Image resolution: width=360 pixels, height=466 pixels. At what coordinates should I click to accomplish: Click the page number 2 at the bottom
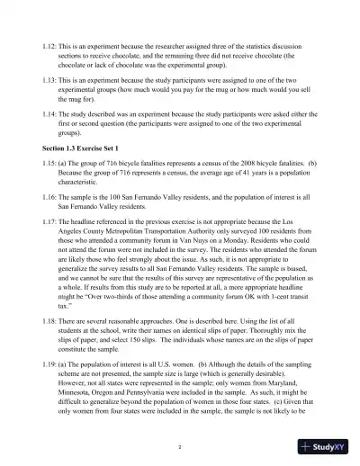click(x=180, y=446)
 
